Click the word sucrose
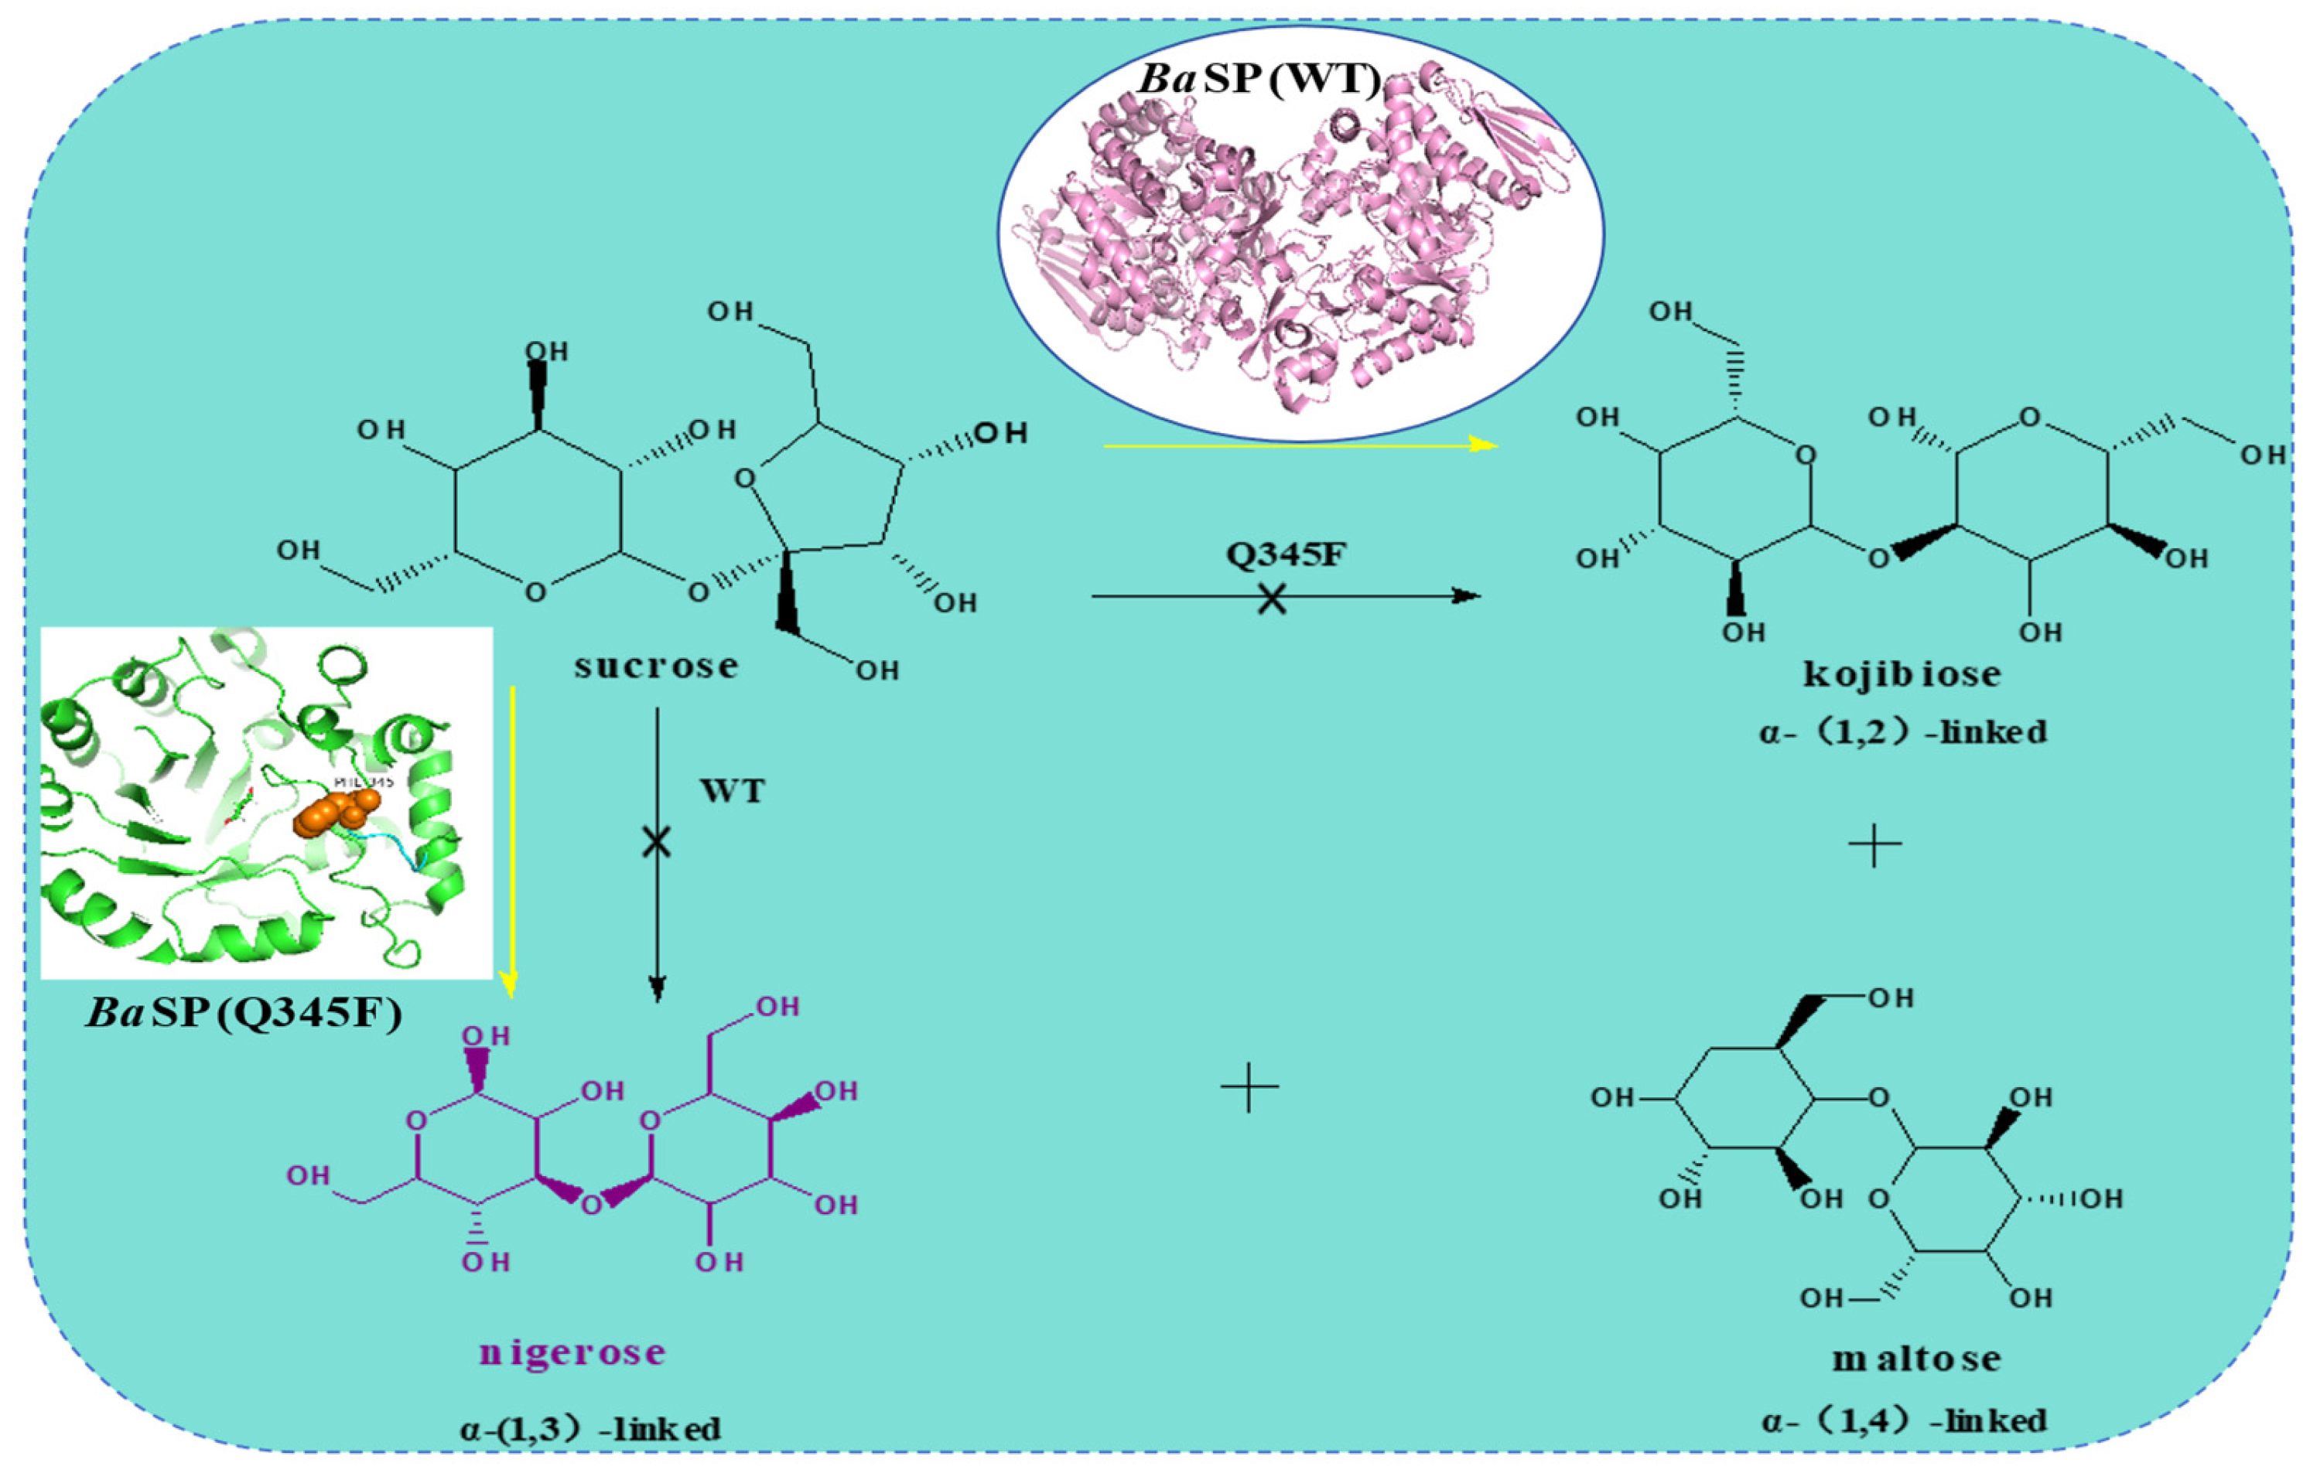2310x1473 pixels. click(x=656, y=666)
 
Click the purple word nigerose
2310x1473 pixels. click(x=572, y=1352)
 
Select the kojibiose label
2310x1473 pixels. click(x=1902, y=674)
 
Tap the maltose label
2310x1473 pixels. click(x=1917, y=1359)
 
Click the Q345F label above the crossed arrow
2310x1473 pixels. click(x=1287, y=554)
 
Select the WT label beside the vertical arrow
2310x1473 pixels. click(x=732, y=791)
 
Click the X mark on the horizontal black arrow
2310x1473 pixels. click(x=1272, y=599)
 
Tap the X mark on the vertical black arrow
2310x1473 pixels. click(x=656, y=843)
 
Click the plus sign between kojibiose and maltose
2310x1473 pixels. click(x=1874, y=845)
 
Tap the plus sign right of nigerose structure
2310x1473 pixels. click(x=1249, y=1086)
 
